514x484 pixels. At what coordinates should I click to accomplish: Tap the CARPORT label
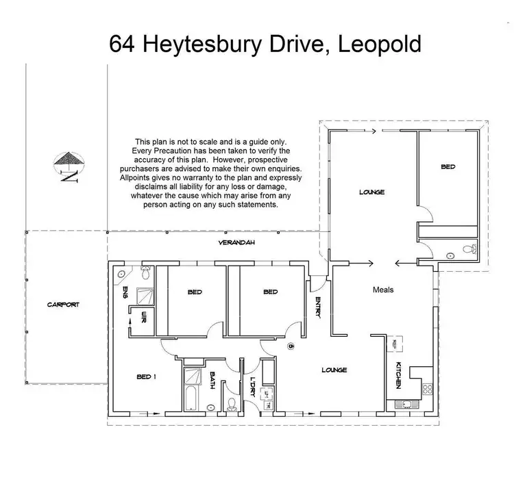(65, 304)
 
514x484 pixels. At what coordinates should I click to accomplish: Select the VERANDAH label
(232, 243)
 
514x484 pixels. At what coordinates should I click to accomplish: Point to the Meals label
(382, 290)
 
